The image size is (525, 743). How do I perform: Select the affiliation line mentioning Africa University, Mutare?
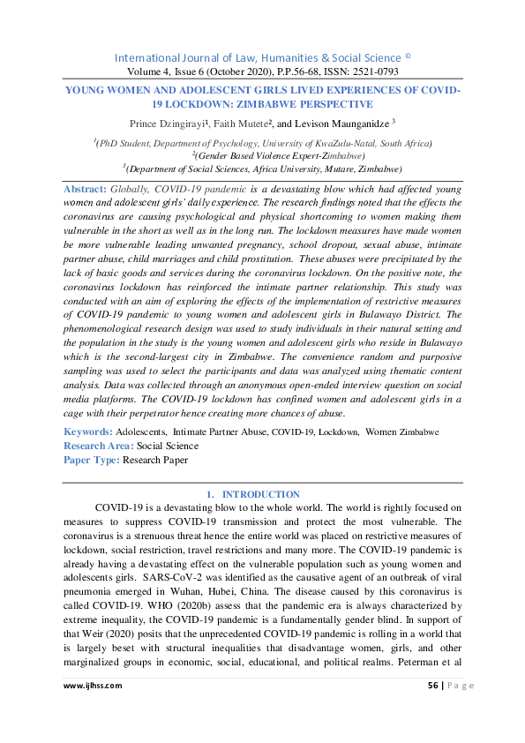tap(264, 168)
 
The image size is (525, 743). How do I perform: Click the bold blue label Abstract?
tap(85, 190)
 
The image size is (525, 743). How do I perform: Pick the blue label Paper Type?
tap(92, 460)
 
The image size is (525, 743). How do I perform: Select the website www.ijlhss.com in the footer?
tap(93, 685)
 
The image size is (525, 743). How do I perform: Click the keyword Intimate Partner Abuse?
tap(219, 432)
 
